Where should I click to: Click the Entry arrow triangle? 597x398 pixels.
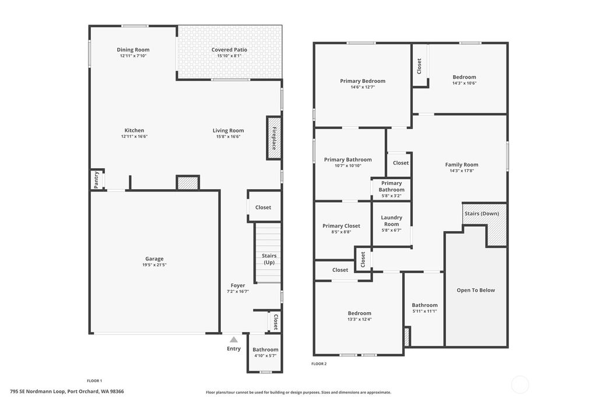click(234, 339)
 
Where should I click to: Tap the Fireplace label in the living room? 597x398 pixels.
click(273, 138)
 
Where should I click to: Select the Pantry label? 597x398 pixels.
click(96, 180)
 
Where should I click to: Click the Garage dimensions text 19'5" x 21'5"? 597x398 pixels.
click(154, 265)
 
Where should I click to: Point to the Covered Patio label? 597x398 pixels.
click(229, 50)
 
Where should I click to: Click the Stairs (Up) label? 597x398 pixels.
click(269, 259)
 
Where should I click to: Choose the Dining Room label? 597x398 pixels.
click(133, 50)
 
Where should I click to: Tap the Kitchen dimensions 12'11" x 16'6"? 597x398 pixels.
click(134, 137)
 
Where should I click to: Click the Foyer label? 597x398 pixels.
click(238, 285)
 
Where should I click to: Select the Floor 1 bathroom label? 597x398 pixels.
click(265, 350)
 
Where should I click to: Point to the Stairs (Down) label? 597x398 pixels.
click(482, 214)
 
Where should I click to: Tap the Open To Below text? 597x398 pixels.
click(476, 290)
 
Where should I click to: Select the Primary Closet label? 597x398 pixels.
click(341, 226)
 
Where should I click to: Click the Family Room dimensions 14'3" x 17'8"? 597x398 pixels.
click(462, 171)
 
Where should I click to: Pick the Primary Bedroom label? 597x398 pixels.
click(363, 81)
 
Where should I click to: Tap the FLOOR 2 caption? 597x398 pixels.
click(319, 364)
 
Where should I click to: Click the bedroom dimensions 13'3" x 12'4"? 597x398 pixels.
click(360, 319)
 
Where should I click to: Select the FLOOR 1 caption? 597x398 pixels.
click(94, 380)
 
